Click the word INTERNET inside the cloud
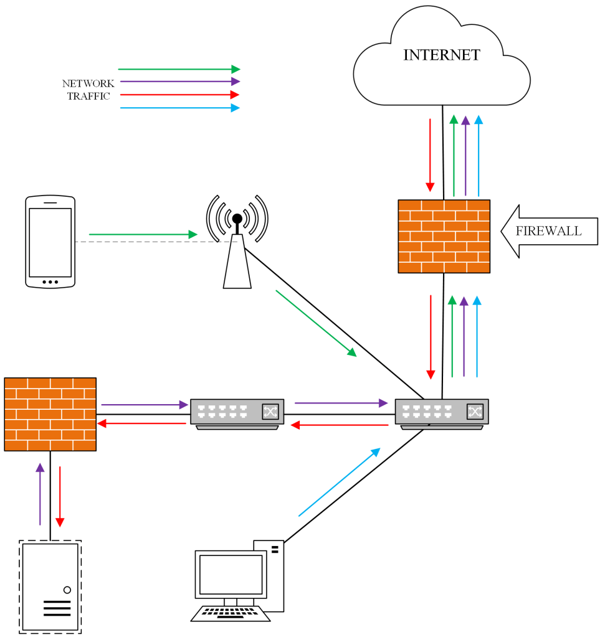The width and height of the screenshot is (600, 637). click(441, 55)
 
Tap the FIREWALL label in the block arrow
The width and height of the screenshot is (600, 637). click(548, 231)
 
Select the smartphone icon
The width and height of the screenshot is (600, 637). click(50, 242)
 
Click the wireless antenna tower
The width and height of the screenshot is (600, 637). click(237, 249)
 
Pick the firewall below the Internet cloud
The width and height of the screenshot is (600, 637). click(444, 236)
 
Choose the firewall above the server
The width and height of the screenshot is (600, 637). click(50, 413)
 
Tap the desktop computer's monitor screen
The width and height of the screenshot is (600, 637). click(230, 574)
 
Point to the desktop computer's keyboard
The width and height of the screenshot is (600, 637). click(231, 613)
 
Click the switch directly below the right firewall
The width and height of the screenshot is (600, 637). click(442, 412)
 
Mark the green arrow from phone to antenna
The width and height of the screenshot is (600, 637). click(143, 234)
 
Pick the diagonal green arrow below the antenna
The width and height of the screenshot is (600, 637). click(316, 323)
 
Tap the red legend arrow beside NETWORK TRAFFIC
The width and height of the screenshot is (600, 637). click(179, 95)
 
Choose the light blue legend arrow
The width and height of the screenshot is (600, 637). click(179, 108)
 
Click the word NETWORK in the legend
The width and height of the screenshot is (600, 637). click(88, 83)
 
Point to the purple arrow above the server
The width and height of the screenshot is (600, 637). click(40, 494)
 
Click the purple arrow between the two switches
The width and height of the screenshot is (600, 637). click(340, 403)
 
